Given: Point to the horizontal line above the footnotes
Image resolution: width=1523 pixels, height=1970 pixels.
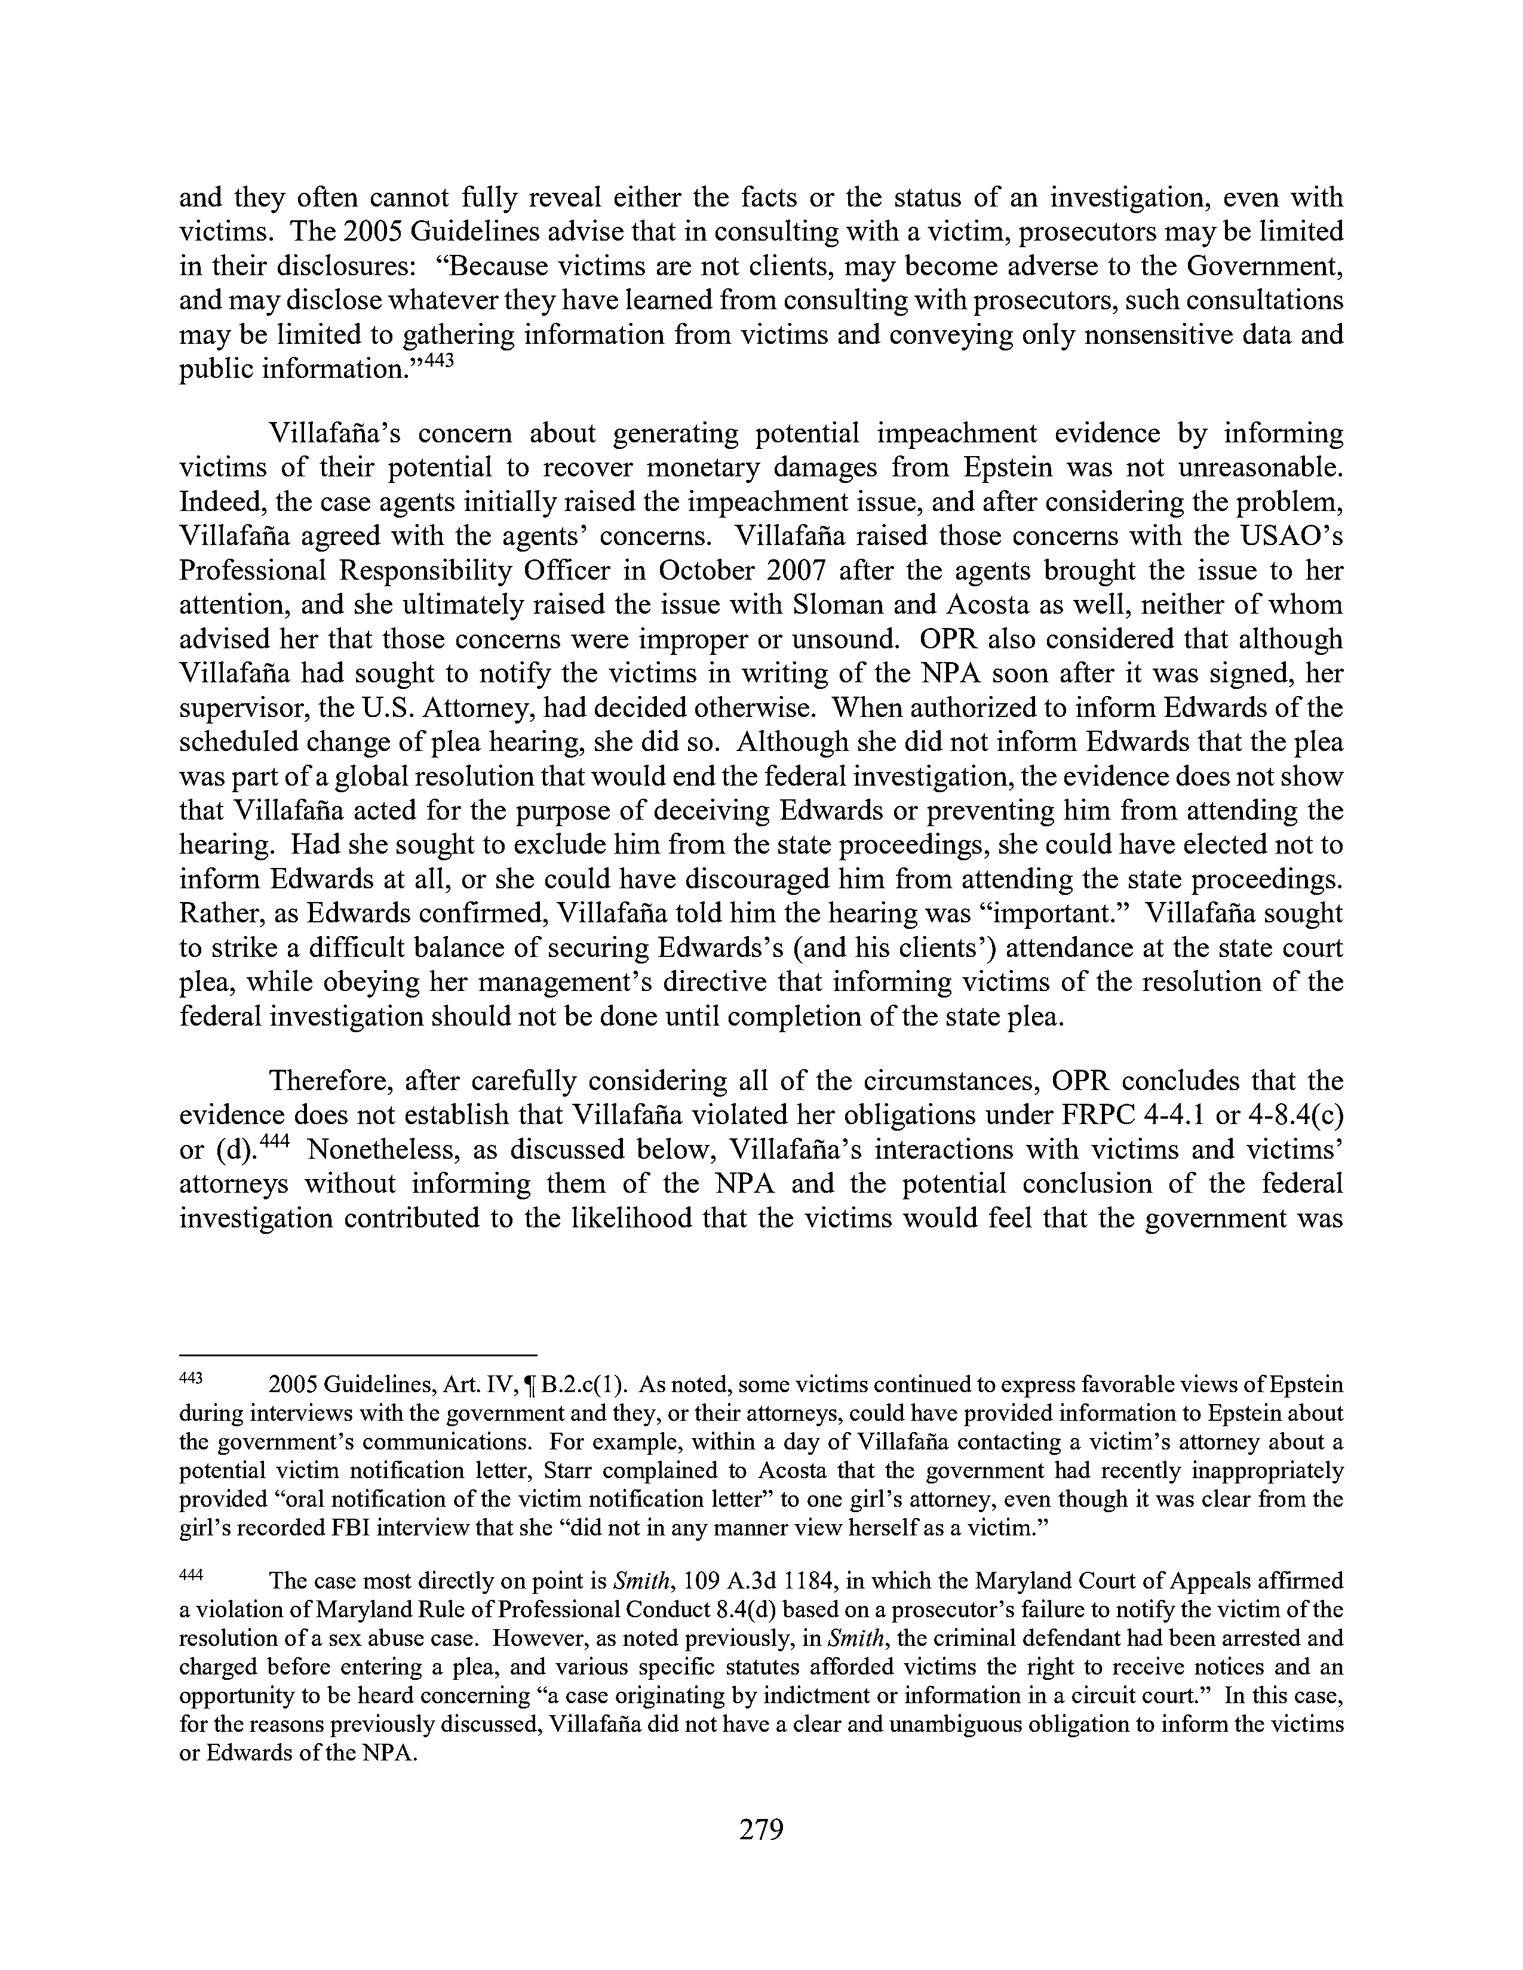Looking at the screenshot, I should tap(358, 1355).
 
